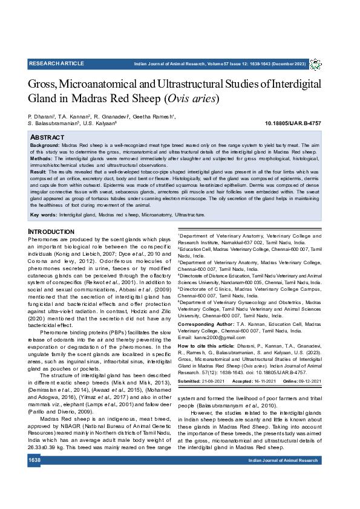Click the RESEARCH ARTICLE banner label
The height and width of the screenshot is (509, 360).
pyautogui.click(x=56, y=63)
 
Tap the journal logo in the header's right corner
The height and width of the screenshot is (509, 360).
pyautogui.click(x=316, y=64)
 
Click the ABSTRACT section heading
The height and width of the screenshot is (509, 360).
pyautogui.click(x=48, y=138)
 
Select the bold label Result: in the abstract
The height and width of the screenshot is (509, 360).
pyautogui.click(x=39, y=172)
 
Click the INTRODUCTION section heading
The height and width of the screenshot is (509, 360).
pyautogui.click(x=51, y=232)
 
